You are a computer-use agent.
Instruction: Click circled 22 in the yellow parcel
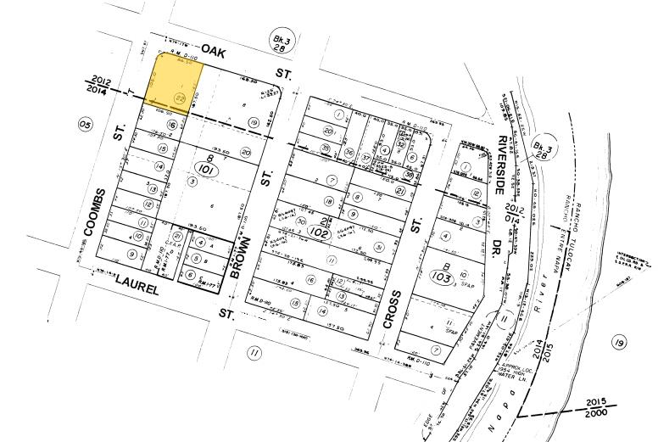(x=179, y=98)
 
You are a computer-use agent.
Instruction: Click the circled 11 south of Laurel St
(x=251, y=353)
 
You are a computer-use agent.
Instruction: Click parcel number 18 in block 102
(x=327, y=201)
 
